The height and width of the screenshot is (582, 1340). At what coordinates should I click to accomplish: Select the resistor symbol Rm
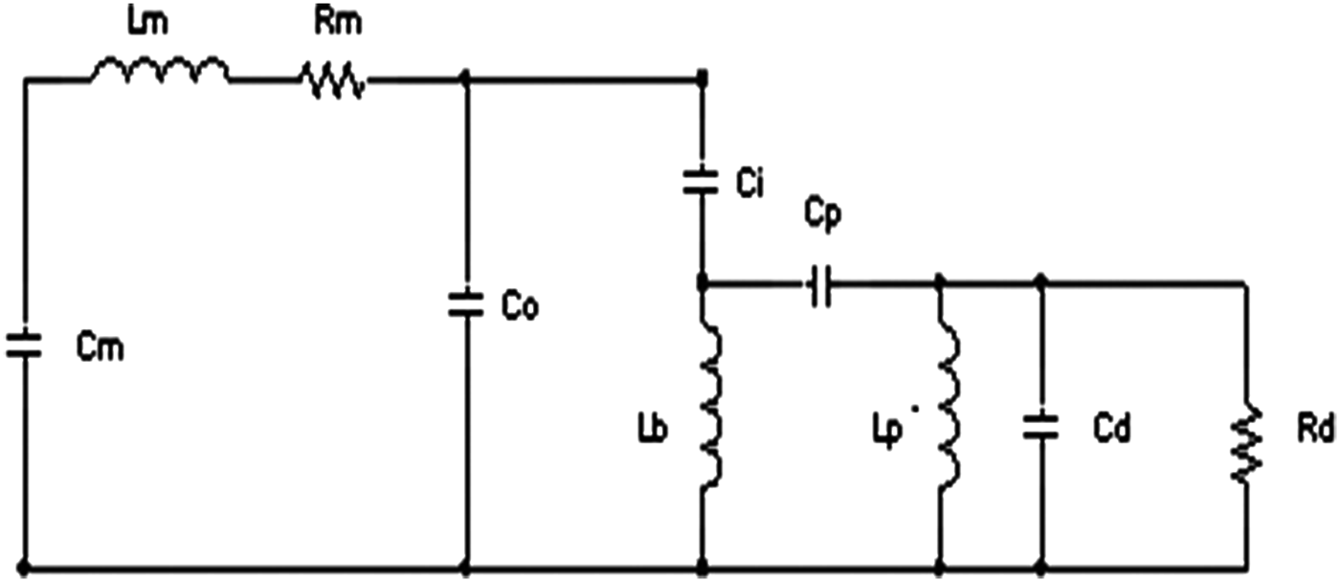coord(333,80)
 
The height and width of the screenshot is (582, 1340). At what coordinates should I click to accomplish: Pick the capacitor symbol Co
coord(466,304)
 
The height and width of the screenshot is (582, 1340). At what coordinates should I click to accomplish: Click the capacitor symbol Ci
coord(703,182)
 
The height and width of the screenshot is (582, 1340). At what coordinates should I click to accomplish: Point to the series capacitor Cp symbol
coord(820,283)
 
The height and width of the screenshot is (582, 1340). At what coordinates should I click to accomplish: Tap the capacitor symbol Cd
coord(1041,427)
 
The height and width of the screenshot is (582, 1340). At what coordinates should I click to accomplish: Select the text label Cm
coord(100,349)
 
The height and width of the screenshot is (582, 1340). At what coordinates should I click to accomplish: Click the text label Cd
coord(1110,430)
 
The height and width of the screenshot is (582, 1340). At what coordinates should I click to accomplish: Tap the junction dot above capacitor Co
coord(466,80)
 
